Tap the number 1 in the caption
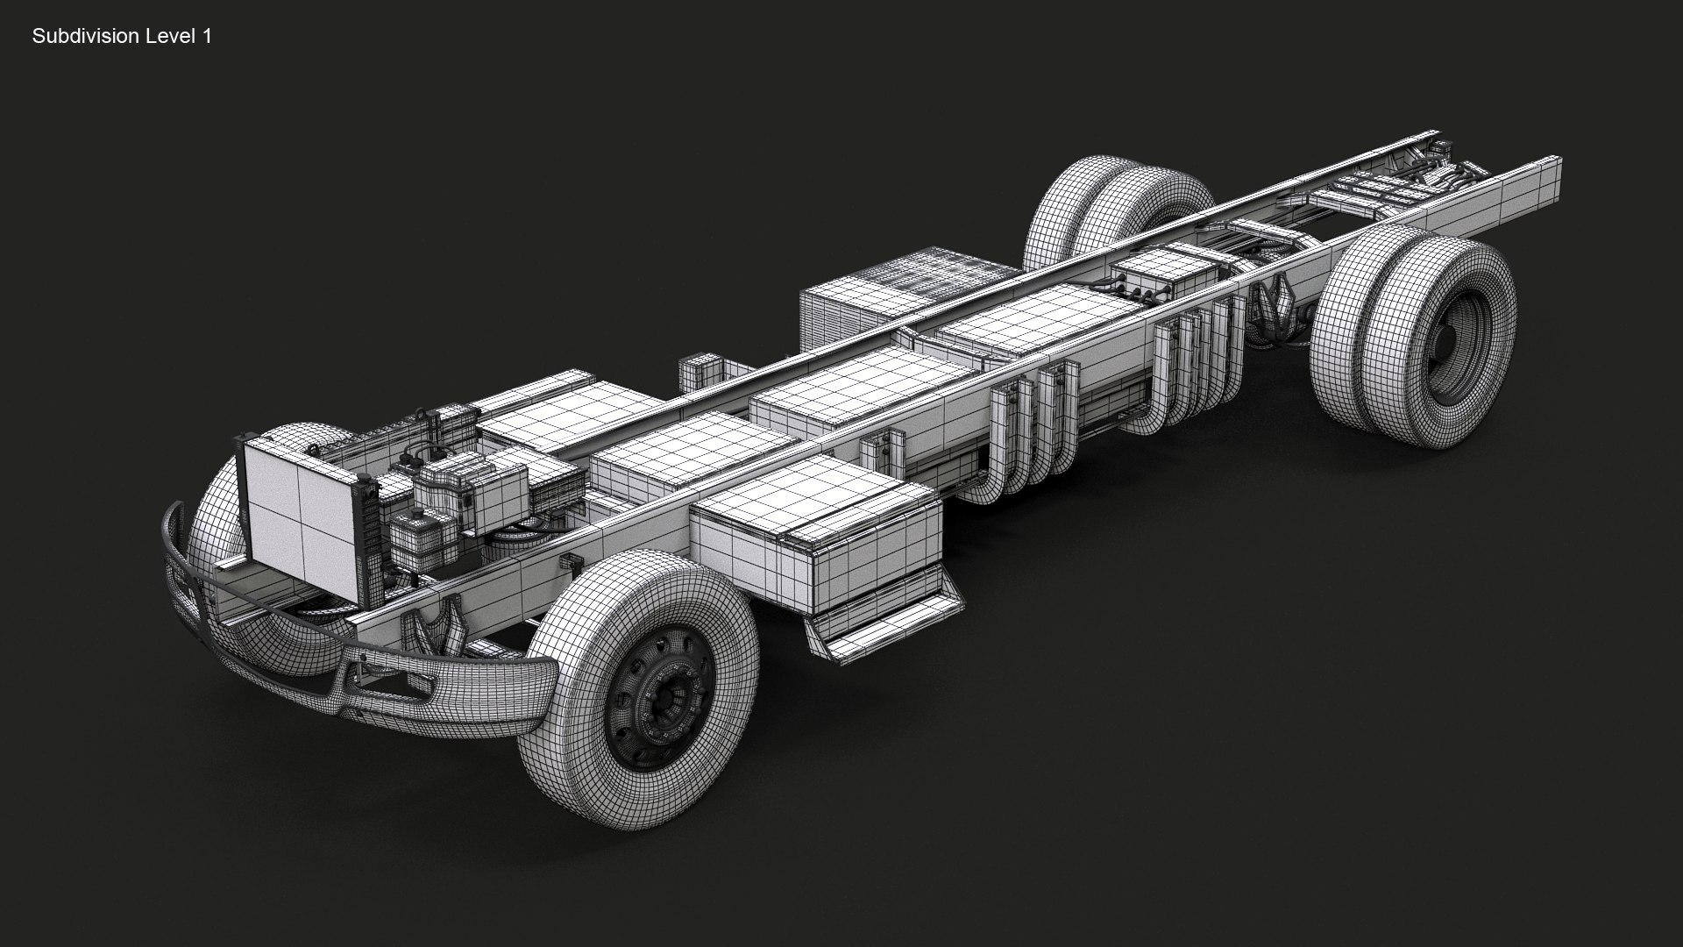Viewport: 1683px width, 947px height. coord(207,36)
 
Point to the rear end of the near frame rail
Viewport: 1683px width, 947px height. coord(1548,175)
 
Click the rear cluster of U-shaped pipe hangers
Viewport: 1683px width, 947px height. coord(1192,368)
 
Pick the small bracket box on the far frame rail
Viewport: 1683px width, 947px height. coord(699,373)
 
